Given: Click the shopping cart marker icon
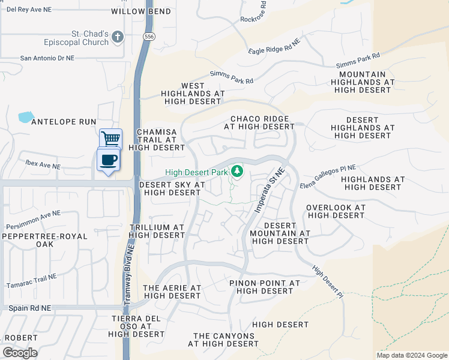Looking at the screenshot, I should (x=110, y=139).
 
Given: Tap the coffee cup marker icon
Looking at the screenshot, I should (x=108, y=160).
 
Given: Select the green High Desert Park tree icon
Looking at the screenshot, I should (x=237, y=172).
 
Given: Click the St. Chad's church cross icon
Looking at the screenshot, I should (x=118, y=37).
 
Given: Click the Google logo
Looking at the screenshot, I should (x=20, y=352).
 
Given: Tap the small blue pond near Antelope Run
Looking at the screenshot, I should (x=26, y=117).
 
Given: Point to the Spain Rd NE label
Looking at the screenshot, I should (x=30, y=308).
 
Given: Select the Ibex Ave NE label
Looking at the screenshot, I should (x=42, y=166).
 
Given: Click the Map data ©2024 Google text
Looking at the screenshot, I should (x=411, y=355).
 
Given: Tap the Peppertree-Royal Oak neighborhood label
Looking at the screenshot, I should (x=45, y=241).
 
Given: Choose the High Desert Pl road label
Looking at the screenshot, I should (x=327, y=282).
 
